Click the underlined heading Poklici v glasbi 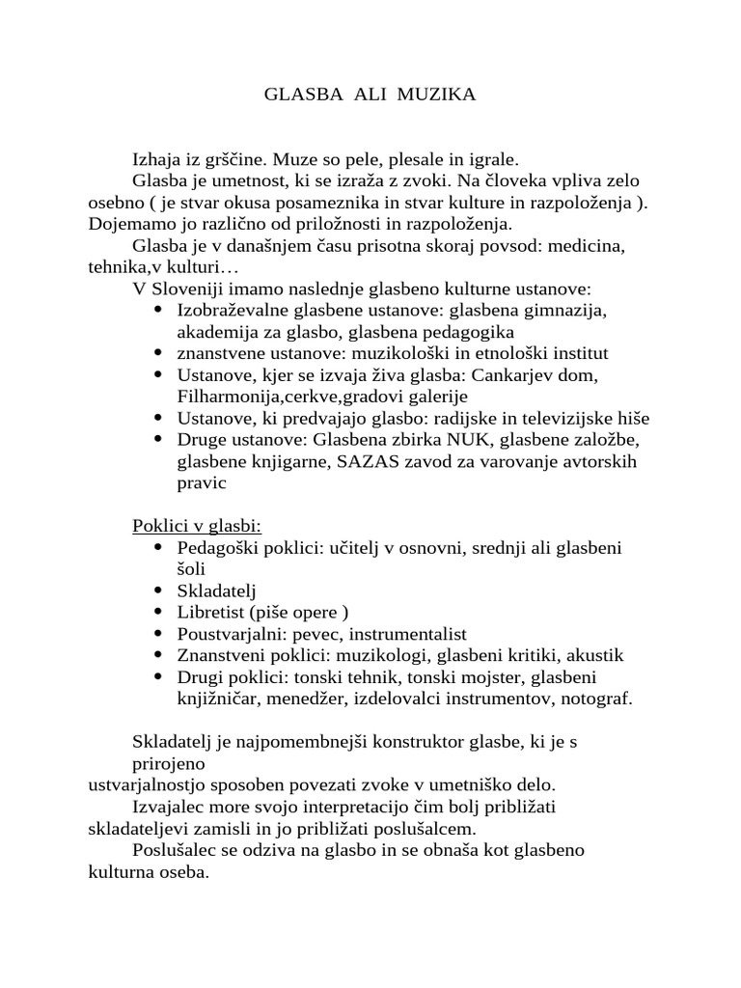click(x=197, y=526)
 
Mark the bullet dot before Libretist click(x=157, y=613)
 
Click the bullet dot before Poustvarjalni click(x=157, y=634)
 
